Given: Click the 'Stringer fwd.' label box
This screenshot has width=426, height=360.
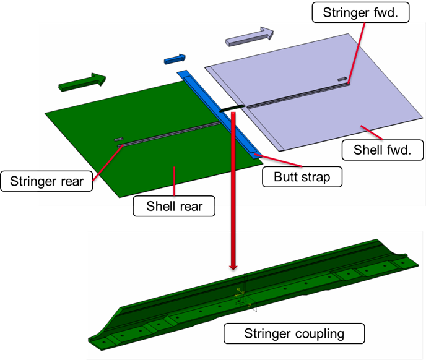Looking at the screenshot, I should (x=360, y=12).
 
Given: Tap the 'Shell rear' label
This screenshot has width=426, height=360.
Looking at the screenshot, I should (x=174, y=206).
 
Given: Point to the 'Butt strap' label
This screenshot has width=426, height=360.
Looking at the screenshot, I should (x=302, y=177).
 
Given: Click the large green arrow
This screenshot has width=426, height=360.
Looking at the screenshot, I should (x=81, y=82).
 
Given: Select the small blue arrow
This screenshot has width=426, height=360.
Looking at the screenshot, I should (x=175, y=59).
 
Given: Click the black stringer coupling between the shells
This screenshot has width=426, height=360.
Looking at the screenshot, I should (x=230, y=109).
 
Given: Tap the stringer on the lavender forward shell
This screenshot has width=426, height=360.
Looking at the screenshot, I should (x=297, y=95).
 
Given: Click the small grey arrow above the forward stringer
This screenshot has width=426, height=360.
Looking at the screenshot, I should (x=342, y=79).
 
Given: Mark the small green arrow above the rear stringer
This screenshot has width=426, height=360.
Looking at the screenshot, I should (x=119, y=139).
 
